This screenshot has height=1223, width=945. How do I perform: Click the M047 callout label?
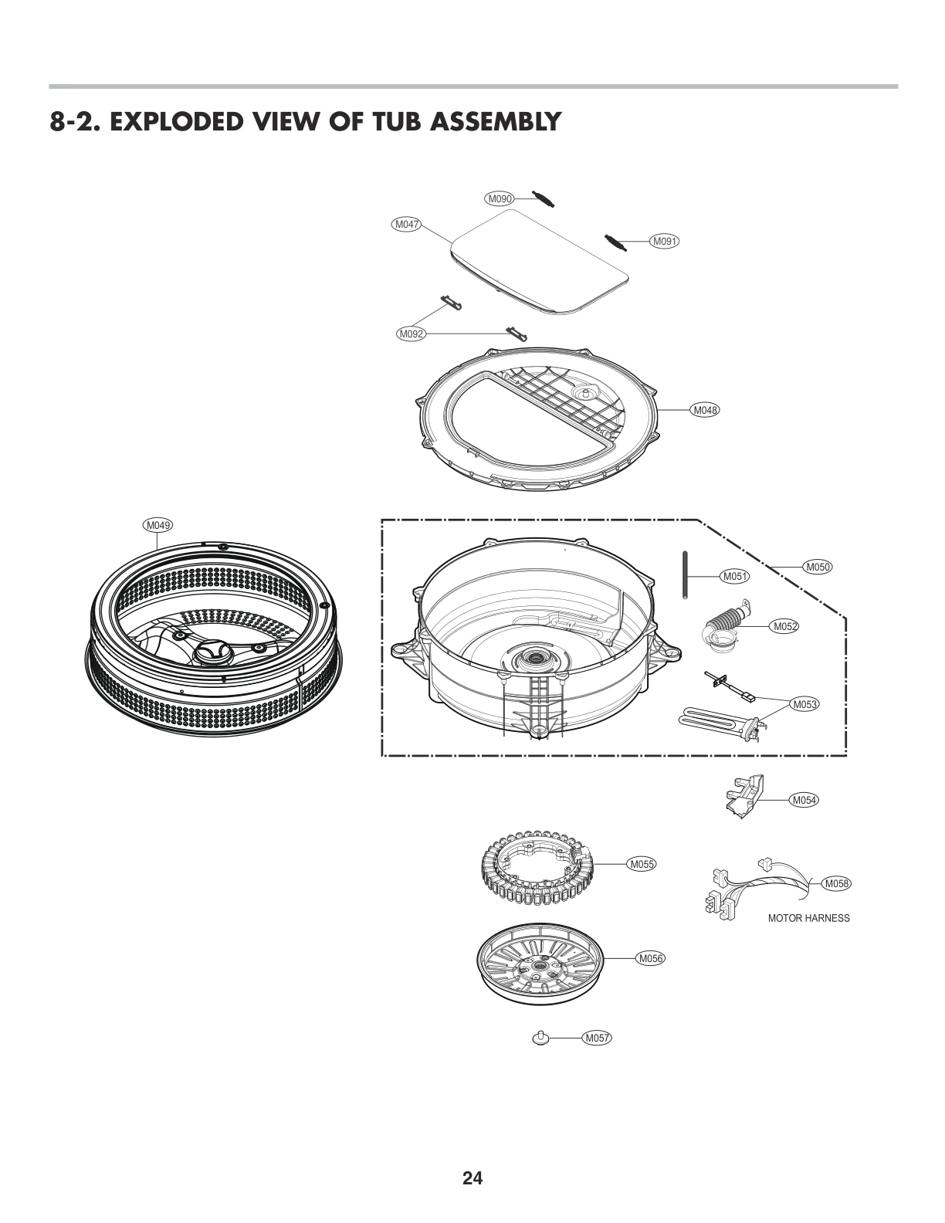(x=406, y=225)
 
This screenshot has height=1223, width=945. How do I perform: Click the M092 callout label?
(x=411, y=334)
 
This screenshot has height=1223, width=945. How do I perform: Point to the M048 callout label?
(x=704, y=410)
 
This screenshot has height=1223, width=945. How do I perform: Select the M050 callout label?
(x=818, y=567)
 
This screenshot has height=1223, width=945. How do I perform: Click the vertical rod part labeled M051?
(x=685, y=575)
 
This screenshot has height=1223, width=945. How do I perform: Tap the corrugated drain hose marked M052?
(x=724, y=625)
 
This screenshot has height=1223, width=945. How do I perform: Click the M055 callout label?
(x=641, y=864)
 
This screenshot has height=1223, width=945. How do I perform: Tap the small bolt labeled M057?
(x=541, y=1038)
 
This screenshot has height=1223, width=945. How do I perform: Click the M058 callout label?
(x=836, y=883)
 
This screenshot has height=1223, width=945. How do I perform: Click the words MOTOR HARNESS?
(x=808, y=918)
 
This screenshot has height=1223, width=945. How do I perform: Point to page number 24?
(x=472, y=1177)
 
